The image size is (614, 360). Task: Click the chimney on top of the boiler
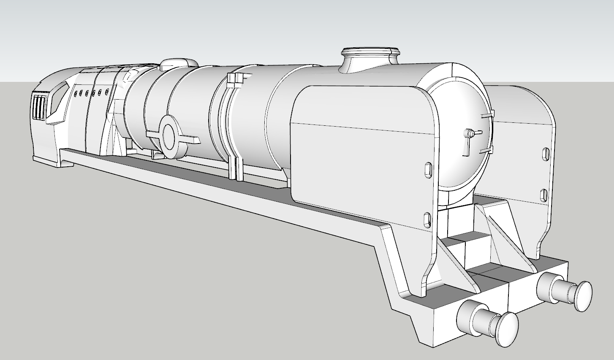pos(370,59)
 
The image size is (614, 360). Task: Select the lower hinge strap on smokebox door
pos(486,151)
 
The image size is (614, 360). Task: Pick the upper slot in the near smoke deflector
pos(427,169)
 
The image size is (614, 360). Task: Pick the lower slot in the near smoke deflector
pos(427,220)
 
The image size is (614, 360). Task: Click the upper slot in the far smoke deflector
pos(545,154)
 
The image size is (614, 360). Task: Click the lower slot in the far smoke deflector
pos(544,195)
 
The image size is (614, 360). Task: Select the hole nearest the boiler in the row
pos(107,91)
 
